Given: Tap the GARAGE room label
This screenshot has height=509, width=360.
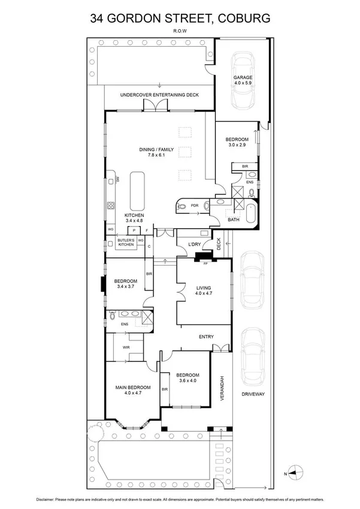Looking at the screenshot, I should [243, 79].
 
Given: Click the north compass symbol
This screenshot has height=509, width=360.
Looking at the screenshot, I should [292, 471].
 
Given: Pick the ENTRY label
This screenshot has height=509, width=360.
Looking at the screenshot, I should [206, 337].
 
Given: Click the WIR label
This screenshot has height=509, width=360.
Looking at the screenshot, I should [127, 347].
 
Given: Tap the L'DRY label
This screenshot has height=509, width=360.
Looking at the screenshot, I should [195, 245].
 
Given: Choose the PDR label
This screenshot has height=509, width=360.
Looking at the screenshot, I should [194, 206].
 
